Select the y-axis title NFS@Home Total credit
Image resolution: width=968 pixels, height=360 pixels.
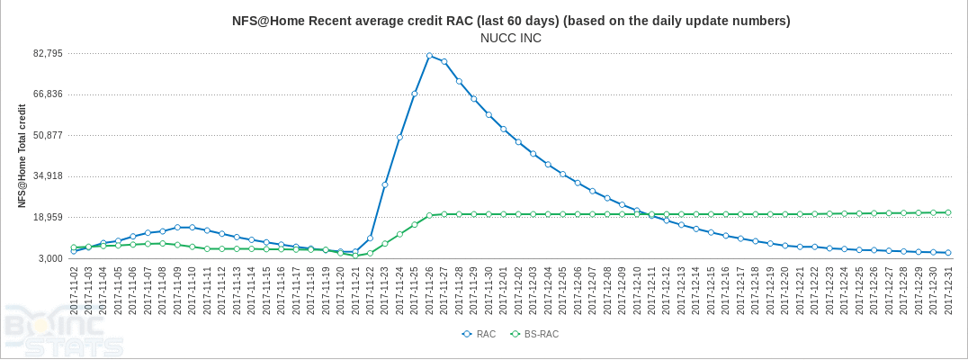pos(22,156)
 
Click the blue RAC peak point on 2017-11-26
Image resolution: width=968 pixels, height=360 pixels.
pos(429,56)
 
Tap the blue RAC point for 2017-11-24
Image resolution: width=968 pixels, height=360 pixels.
pos(399,138)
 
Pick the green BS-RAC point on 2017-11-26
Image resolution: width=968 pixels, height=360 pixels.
pos(429,215)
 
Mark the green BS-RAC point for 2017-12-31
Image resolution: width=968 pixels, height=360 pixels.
pos(948,212)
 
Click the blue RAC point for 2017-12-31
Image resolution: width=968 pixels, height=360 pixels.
pos(948,253)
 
